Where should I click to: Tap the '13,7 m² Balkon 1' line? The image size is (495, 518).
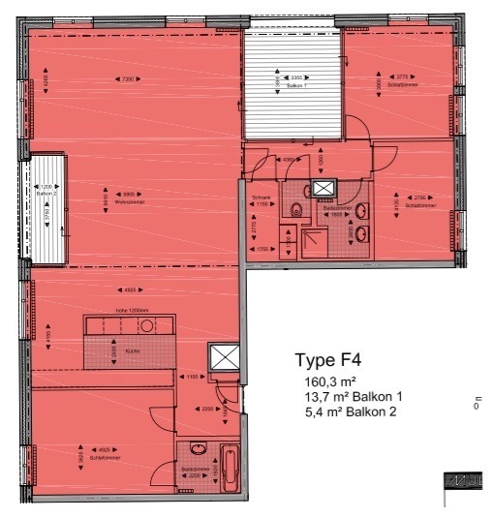click(353, 398)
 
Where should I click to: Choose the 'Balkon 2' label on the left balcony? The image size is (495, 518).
click(45, 194)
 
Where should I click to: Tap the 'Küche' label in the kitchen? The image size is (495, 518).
click(132, 352)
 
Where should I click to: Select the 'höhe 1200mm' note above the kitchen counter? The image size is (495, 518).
click(130, 311)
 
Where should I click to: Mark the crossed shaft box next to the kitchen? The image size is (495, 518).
click(224, 357)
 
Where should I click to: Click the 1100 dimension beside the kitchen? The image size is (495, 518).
click(193, 376)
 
